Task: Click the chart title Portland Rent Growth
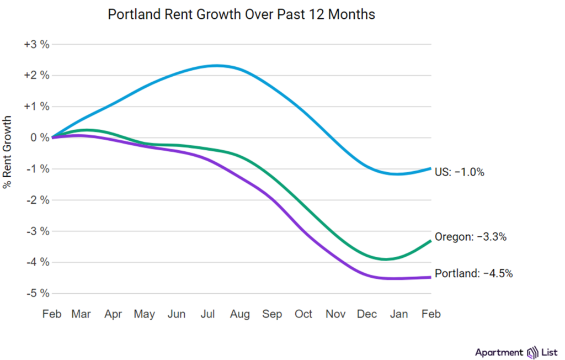241,14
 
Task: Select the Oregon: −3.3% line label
471,237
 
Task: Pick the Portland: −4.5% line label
474,273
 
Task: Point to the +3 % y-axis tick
36,45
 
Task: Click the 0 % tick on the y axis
39,137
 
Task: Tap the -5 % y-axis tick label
38,293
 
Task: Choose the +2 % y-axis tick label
36,76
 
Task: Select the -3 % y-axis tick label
38,231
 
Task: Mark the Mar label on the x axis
81,314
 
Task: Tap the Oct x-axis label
303,314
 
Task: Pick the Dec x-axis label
367,314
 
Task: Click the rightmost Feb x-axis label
431,314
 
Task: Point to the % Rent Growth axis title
7,152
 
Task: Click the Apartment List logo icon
532,352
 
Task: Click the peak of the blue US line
216,66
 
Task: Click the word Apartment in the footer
499,352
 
